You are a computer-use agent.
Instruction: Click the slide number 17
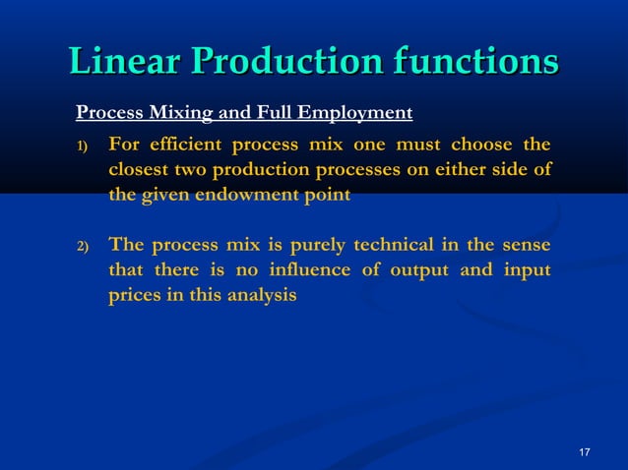coord(585,451)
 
